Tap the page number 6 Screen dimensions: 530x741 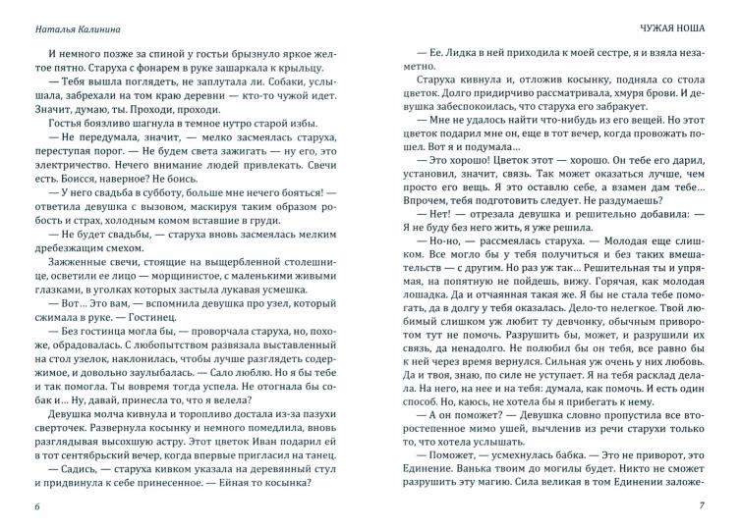tap(36, 506)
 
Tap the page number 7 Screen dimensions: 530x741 tap(702, 506)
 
